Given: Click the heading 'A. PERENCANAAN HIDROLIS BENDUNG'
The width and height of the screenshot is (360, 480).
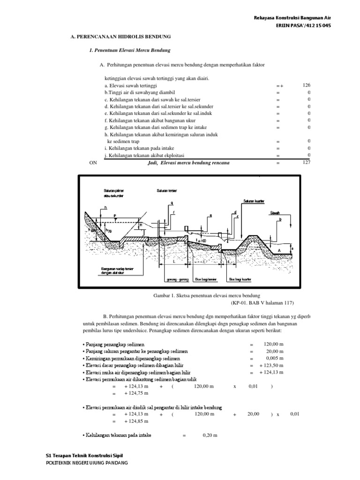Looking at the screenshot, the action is (x=120, y=37).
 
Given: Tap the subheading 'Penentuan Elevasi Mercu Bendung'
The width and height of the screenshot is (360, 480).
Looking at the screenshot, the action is (x=131, y=50).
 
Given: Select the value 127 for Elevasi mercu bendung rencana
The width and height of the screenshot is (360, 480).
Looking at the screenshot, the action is (x=307, y=163).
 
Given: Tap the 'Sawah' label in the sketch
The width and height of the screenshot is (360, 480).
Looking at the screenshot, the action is (x=275, y=212).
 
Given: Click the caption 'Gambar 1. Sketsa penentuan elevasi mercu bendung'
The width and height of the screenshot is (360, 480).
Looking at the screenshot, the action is (x=206, y=296).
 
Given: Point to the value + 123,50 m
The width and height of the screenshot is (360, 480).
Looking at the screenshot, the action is (x=271, y=365).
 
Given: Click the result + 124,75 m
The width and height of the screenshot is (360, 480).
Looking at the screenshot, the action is (x=136, y=393).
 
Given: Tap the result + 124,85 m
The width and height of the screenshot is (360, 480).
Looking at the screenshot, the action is (x=136, y=421).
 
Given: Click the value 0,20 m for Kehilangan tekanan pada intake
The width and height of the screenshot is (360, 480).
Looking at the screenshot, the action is (x=210, y=435).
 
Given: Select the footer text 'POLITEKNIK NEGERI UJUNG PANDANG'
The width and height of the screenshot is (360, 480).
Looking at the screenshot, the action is (x=86, y=463).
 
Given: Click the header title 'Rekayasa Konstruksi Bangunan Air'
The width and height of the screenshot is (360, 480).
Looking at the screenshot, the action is (x=292, y=18).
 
